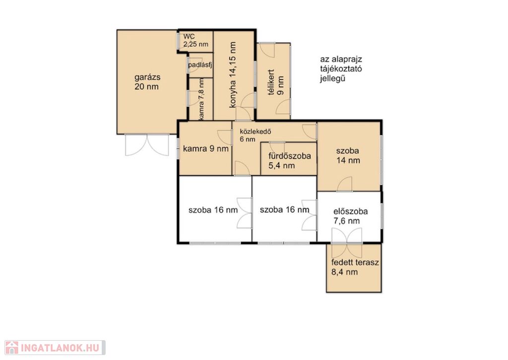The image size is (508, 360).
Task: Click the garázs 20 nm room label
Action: [x=147, y=82]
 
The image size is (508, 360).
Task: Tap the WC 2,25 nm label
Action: [x=195, y=40]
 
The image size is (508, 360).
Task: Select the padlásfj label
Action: [x=200, y=65]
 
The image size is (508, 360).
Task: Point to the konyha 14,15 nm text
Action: [x=232, y=75]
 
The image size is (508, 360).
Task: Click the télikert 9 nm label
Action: [x=276, y=82]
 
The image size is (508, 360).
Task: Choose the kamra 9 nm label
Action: [x=206, y=149]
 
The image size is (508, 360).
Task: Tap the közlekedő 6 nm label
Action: [x=255, y=136]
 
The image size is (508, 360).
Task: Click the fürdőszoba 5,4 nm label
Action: [x=290, y=161]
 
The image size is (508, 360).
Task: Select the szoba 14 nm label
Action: [x=348, y=155]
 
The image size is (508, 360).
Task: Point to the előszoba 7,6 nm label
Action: [x=351, y=216]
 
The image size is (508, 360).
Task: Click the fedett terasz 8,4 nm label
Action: [x=355, y=267]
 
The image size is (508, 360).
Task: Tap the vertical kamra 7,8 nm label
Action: [x=201, y=99]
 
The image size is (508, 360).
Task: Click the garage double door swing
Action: [x=147, y=144]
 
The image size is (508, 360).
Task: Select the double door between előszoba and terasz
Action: [x=347, y=242]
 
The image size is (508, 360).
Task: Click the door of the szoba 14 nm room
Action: [x=344, y=184]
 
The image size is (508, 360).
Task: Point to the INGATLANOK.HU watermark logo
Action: [x=55, y=348]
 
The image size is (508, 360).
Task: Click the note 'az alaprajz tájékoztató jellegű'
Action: [x=341, y=69]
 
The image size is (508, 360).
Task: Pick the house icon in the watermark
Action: [x=12, y=348]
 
